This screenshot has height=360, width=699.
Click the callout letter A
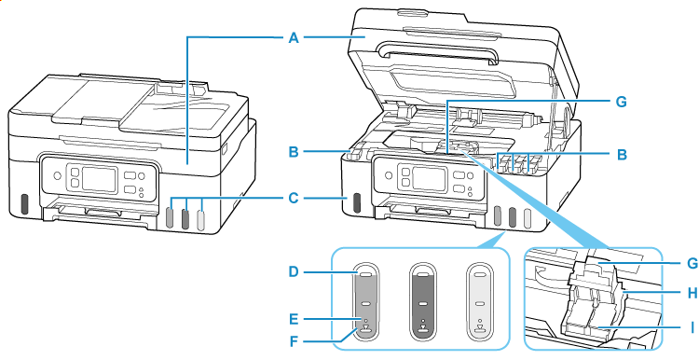(293, 38)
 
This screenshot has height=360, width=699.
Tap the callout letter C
(293, 197)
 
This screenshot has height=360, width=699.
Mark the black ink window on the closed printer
(24, 203)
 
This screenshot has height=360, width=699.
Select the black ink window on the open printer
(356, 202)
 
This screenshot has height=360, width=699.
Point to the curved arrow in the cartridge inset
(545, 273)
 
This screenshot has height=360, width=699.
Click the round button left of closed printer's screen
(57, 176)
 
